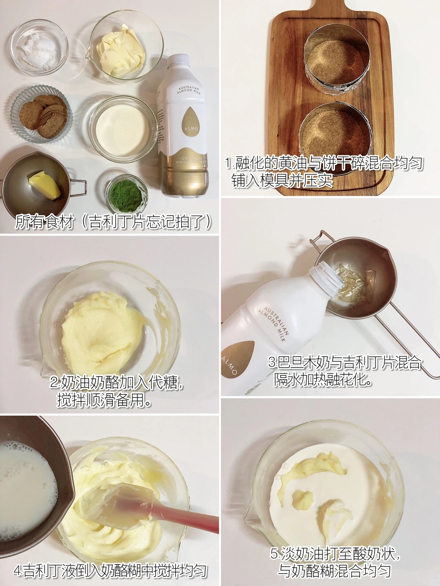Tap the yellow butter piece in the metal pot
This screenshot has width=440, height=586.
pos(45,185)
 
